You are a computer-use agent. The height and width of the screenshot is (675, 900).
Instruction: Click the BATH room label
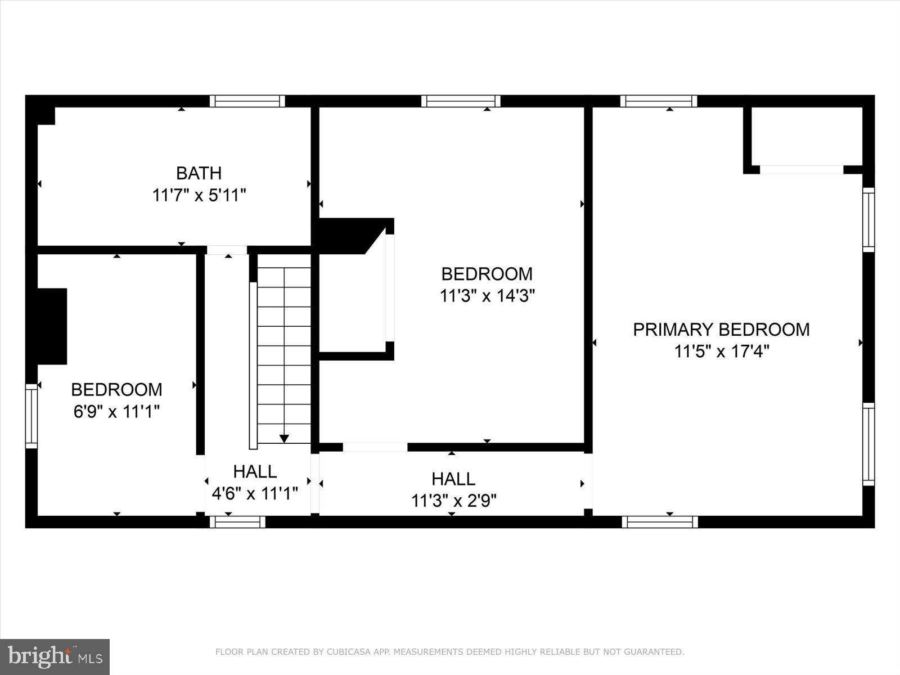(199, 173)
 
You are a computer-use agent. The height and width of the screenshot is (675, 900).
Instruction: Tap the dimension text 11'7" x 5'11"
(199, 196)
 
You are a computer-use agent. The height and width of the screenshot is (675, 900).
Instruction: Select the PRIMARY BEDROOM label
(721, 330)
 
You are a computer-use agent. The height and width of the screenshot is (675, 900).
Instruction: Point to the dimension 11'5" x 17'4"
(722, 352)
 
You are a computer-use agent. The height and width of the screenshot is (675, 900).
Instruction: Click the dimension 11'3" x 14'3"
(487, 296)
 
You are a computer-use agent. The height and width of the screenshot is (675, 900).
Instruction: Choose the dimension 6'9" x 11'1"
(116, 412)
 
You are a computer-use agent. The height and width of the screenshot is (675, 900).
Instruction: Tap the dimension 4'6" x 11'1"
(255, 494)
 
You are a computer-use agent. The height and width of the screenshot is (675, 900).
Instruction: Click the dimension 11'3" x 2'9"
(453, 501)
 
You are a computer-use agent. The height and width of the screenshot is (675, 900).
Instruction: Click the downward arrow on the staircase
(284, 438)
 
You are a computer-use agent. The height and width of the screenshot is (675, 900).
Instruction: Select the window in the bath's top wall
(247, 101)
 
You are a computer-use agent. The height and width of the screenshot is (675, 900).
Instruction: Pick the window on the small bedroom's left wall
(31, 416)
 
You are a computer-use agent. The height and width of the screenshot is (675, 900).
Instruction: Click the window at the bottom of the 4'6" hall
(237, 522)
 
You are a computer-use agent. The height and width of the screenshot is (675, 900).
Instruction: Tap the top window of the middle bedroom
(461, 101)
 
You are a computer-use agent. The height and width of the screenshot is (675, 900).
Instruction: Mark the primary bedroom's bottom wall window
(660, 522)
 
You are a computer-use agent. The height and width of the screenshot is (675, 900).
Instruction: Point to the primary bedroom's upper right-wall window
(868, 219)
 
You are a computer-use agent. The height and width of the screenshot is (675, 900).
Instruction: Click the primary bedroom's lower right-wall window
(868, 444)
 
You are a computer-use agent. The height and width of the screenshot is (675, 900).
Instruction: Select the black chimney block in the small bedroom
(52, 326)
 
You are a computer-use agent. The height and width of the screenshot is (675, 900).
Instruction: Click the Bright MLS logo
(55, 656)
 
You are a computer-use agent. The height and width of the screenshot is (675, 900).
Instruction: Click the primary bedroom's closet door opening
(802, 169)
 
